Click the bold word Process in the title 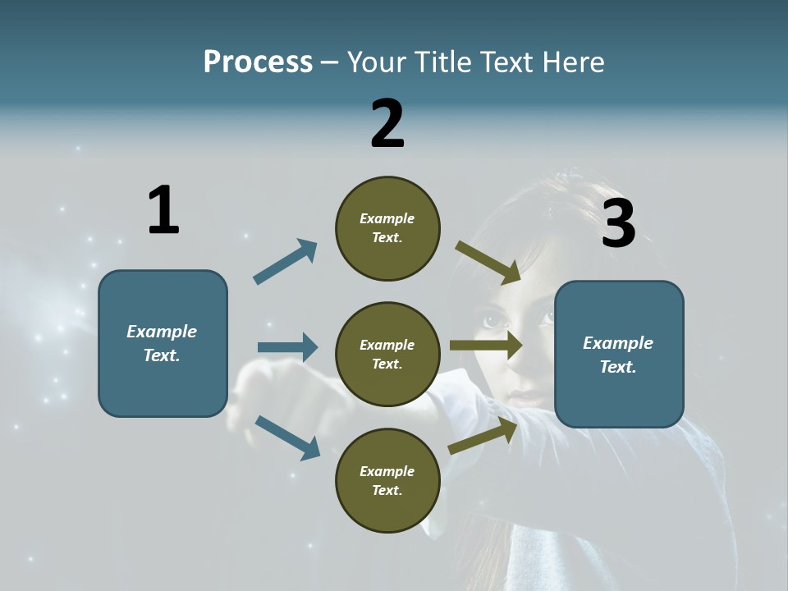pyautogui.click(x=258, y=62)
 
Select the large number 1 pyautogui.click(x=163, y=211)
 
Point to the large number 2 pyautogui.click(x=387, y=124)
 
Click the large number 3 pyautogui.click(x=619, y=223)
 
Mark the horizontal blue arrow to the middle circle pyautogui.click(x=287, y=347)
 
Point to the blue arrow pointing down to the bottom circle pyautogui.click(x=287, y=437)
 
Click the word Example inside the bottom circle pyautogui.click(x=387, y=471)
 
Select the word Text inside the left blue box pyautogui.click(x=161, y=355)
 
